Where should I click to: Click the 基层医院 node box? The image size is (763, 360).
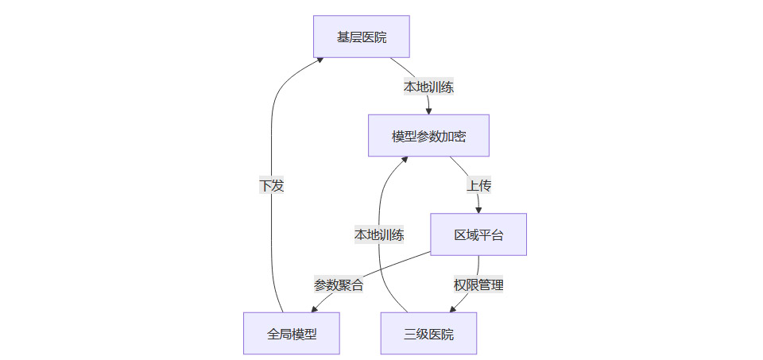coord(362,37)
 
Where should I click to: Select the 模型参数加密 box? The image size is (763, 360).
coord(428,136)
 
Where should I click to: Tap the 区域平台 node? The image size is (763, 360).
coord(478,234)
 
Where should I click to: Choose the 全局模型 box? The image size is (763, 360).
coord(292,334)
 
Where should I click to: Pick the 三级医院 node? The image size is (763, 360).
coord(428,334)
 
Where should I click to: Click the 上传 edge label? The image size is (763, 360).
coord(478,185)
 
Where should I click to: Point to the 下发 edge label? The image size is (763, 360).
coord(271,185)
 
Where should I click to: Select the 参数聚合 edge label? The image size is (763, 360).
coord(339,285)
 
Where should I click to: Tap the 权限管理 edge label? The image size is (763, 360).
coord(478,285)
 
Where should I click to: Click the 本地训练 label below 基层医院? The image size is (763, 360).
coord(428,87)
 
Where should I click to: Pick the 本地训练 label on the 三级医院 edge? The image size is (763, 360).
coord(379,234)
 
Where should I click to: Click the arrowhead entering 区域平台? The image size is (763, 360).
coord(478,210)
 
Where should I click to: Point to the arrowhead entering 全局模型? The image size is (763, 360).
coord(303,309)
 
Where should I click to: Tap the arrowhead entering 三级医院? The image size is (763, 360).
coord(453,308)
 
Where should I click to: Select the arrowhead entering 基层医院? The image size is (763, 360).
coord(319,58)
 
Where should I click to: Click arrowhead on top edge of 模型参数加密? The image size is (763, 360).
coord(429,111)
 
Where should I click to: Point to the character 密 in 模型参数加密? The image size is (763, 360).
coord(459,136)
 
